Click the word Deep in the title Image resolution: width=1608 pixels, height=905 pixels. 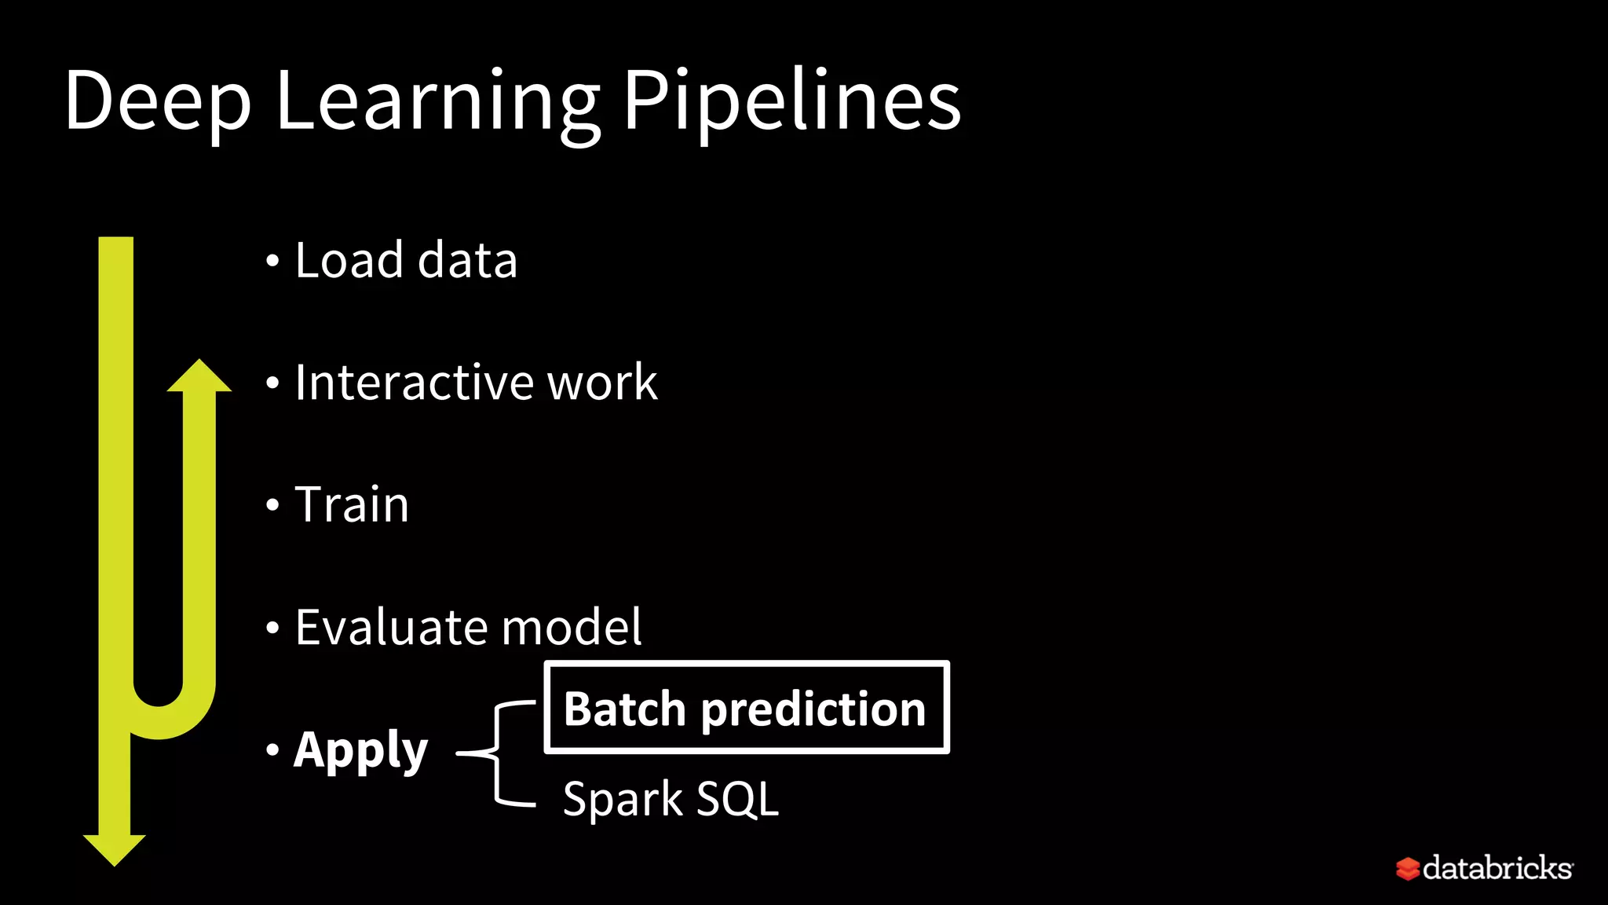157,102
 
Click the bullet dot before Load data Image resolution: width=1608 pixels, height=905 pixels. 272,261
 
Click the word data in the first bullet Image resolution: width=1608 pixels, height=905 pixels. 468,260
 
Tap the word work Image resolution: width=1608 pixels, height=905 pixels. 602,383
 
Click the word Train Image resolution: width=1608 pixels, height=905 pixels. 352,504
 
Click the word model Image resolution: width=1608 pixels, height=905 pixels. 572,627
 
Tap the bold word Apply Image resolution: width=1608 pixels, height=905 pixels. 360,751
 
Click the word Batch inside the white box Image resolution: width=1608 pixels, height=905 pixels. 625,709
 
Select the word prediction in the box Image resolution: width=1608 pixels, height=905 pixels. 813,710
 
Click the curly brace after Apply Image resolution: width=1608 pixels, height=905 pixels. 496,753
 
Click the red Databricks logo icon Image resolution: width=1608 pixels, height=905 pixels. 1407,869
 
